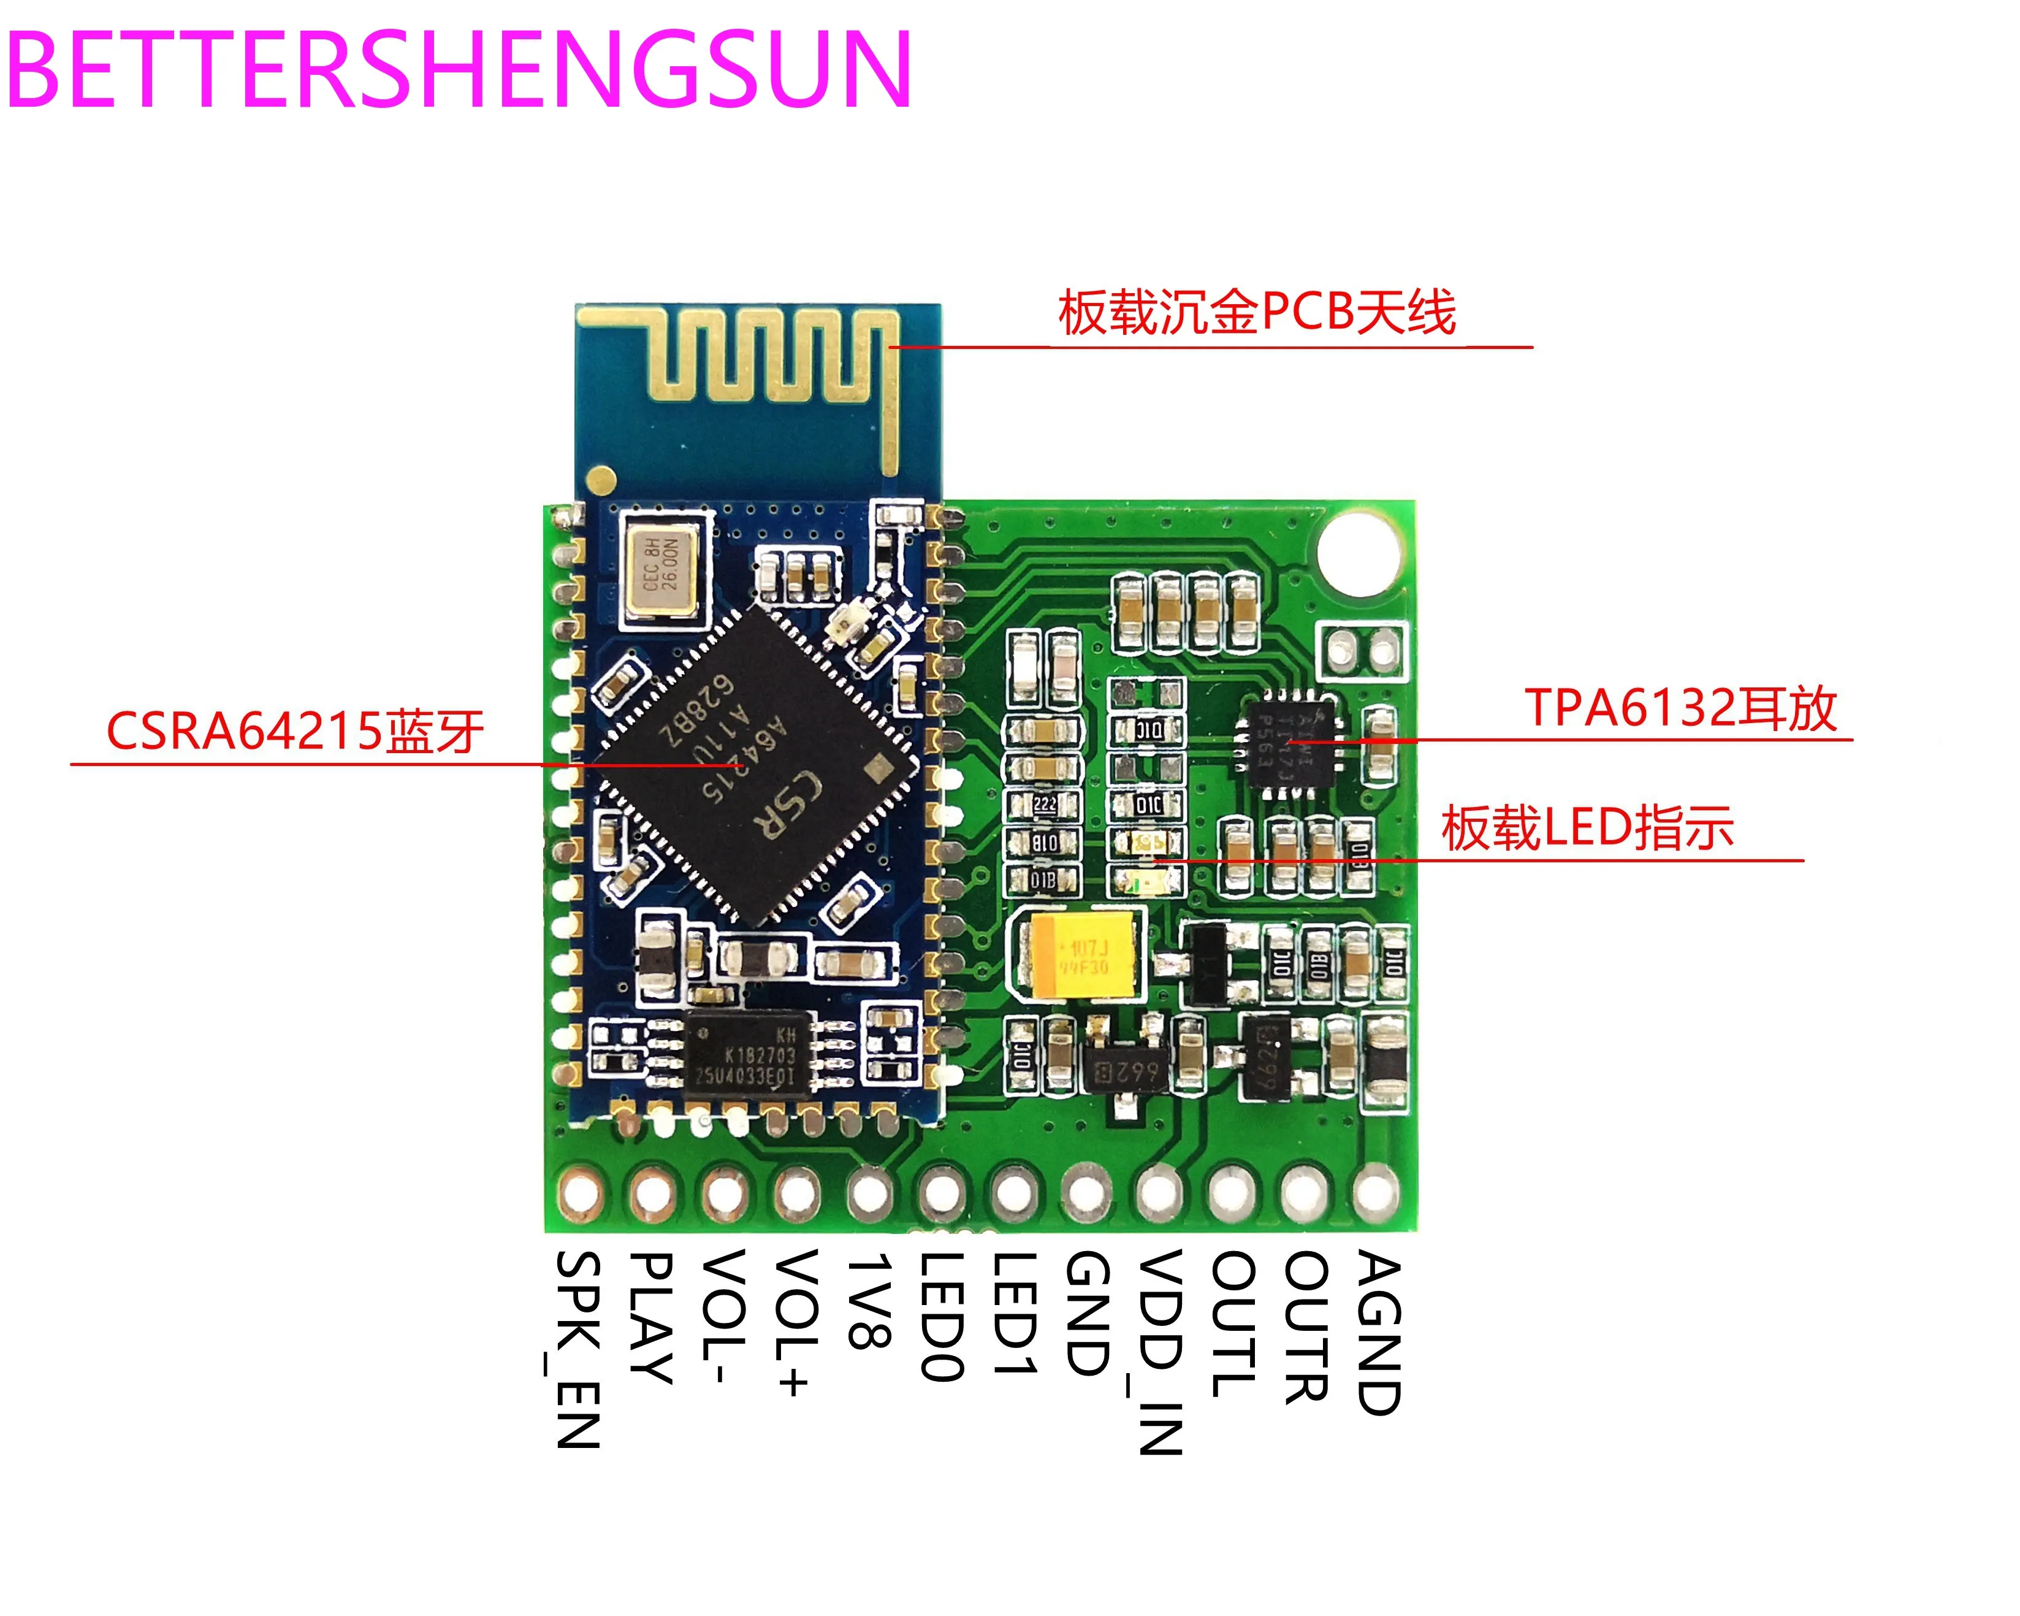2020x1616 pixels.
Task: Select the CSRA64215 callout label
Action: tap(295, 731)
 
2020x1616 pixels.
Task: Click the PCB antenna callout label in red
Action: tap(1256, 312)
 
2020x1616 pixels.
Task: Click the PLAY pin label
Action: tap(650, 1316)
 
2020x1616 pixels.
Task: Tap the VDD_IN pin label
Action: tap(1160, 1350)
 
